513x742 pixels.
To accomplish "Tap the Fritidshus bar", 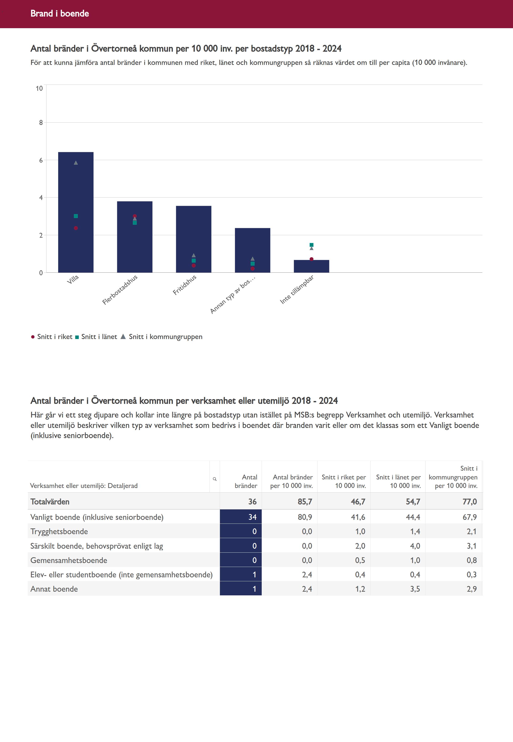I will tap(193, 232).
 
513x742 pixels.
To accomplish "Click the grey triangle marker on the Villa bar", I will tap(76, 163).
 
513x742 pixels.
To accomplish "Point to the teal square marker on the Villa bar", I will tap(76, 216).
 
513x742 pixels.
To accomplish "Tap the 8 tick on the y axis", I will tap(41, 123).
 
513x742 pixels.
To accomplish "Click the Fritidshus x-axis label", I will tap(185, 285).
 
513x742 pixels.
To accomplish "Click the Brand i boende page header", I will tap(60, 13).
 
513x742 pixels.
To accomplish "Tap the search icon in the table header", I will tap(215, 479).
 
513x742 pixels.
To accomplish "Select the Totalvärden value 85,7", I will tap(304, 502).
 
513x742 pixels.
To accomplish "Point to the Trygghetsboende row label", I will tap(59, 531).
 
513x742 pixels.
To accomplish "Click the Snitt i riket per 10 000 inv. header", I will tap(344, 482).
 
